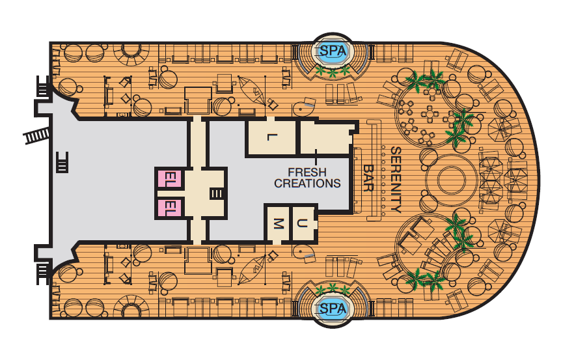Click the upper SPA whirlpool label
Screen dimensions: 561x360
coord(333,51)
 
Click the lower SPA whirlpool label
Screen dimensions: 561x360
coord(333,308)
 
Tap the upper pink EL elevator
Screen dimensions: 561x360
coord(171,178)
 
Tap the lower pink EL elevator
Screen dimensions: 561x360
coord(171,208)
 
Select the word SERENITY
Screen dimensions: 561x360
coord(396,180)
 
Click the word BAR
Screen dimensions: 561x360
coord(368,178)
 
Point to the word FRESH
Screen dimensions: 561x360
coord(307,173)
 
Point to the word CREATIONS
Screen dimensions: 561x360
coord(307,183)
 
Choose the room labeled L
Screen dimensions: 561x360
coord(271,137)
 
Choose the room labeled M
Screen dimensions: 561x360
coord(278,224)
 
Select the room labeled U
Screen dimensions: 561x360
coord(303,224)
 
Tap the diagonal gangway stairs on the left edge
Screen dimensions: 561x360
coord(36,135)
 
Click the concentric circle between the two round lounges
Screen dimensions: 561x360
coord(452,180)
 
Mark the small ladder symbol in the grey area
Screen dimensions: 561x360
coord(62,162)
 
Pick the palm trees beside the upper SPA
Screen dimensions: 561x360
coord(333,72)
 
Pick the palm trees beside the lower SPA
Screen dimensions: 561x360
coord(333,289)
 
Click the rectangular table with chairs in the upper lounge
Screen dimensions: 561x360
coord(430,115)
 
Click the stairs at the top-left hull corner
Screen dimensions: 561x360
coord(42,87)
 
